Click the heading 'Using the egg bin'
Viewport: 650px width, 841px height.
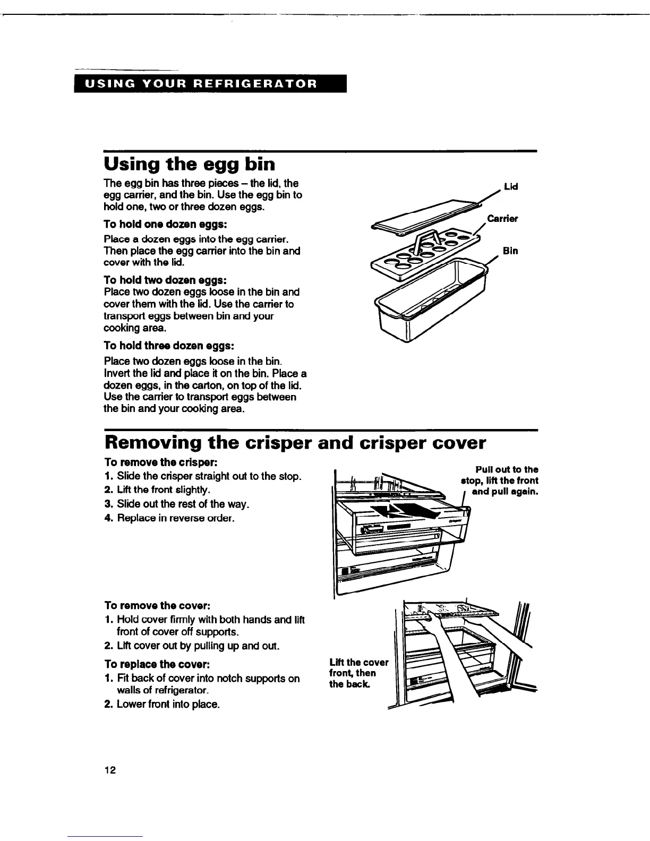[x=190, y=164]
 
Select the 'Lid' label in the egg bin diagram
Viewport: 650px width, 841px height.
[x=511, y=187]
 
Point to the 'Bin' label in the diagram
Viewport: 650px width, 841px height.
[x=510, y=251]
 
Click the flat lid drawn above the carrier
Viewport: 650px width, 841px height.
[x=420, y=216]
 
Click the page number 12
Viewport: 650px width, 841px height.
[x=109, y=770]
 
